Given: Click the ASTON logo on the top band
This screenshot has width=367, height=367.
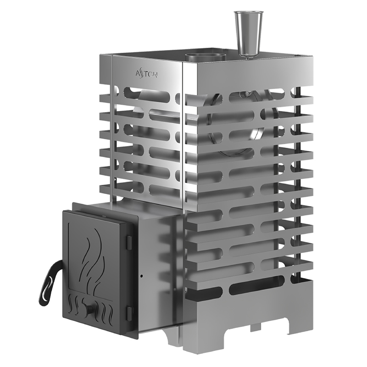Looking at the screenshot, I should pyautogui.click(x=146, y=73).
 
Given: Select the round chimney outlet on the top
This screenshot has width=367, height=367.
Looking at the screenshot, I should pyautogui.click(x=206, y=57).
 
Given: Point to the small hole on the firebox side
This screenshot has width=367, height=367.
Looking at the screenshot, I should pyautogui.click(x=141, y=277).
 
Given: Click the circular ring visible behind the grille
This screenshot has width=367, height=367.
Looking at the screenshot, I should pyautogui.click(x=239, y=124).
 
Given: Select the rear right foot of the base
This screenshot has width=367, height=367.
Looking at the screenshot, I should pyautogui.click(x=298, y=324).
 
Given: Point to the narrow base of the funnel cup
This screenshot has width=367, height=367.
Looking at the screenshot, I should pyautogui.click(x=248, y=54).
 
